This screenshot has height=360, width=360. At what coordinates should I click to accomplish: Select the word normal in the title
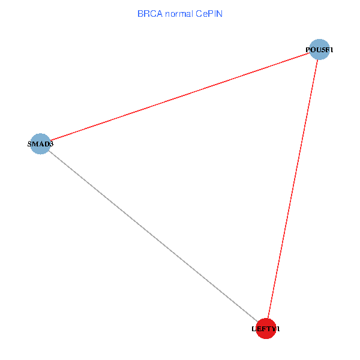(179, 14)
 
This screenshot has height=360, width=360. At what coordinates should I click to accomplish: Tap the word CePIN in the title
(209, 14)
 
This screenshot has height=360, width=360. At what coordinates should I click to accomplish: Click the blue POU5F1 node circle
(320, 49)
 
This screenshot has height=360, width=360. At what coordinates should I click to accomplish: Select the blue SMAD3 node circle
(40, 144)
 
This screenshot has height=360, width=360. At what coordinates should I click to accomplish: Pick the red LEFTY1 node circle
(266, 329)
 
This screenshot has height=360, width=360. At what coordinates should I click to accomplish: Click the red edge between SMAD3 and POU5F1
(180, 97)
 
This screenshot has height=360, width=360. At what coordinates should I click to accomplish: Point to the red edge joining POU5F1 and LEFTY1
(293, 189)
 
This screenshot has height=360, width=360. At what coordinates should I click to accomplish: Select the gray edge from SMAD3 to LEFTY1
(153, 236)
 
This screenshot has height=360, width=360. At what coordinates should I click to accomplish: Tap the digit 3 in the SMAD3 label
(51, 144)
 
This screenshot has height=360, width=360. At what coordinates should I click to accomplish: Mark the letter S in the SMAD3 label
(29, 144)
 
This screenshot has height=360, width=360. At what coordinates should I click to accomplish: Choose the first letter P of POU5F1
(308, 50)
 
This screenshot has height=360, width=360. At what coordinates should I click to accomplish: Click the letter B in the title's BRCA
(140, 14)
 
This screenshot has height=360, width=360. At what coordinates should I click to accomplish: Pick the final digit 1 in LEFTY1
(278, 329)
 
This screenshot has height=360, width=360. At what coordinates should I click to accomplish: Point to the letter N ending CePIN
(220, 14)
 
